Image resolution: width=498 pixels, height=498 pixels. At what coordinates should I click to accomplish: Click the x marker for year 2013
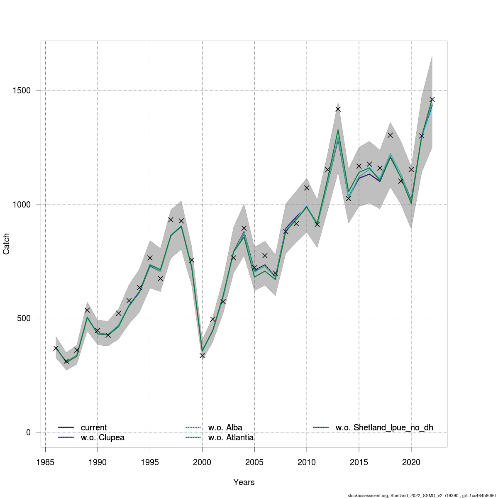(338, 109)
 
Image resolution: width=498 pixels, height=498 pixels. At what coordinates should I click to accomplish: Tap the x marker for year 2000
(202, 356)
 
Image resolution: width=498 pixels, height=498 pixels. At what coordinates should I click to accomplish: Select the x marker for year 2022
(432, 100)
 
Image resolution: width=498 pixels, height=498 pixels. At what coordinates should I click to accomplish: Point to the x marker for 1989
(87, 310)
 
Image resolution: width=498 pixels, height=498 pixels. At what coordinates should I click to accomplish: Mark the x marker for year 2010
(307, 188)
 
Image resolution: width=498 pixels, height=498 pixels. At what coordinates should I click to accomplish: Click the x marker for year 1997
(171, 220)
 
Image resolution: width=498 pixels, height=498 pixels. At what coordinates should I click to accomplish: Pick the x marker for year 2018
(390, 135)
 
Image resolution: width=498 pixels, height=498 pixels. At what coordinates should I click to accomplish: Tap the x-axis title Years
(244, 482)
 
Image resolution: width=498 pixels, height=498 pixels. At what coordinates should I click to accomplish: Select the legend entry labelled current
(93, 427)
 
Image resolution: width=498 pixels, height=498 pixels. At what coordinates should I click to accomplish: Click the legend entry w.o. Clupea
(102, 437)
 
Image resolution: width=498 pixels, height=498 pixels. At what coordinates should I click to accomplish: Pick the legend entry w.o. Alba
(225, 427)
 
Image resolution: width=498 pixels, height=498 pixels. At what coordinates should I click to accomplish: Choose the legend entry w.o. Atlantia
(231, 437)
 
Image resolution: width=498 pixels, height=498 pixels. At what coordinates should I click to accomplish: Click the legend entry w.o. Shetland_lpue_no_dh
(384, 427)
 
